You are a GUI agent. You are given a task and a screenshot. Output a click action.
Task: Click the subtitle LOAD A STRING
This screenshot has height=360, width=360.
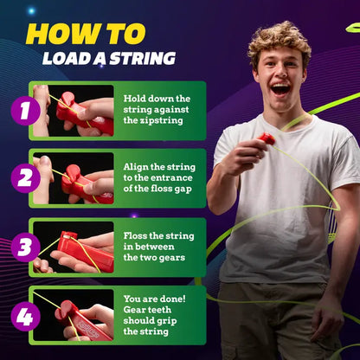tap(109, 59)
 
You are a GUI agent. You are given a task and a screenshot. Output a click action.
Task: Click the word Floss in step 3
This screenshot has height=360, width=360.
tap(138, 235)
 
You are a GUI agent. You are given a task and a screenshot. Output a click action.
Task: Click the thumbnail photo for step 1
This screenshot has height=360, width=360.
tap(73, 111)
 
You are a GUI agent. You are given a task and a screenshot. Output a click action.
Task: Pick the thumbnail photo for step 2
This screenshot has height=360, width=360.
tap(73, 179)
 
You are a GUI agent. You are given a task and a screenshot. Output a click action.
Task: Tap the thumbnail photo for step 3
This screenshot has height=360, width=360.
tap(73, 247)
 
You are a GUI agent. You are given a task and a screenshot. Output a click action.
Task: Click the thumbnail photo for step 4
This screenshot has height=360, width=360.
tap(73, 316)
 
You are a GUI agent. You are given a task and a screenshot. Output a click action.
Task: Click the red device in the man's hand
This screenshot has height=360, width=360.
tap(267, 139)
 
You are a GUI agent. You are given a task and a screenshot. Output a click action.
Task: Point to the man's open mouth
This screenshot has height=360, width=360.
tap(280, 88)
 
